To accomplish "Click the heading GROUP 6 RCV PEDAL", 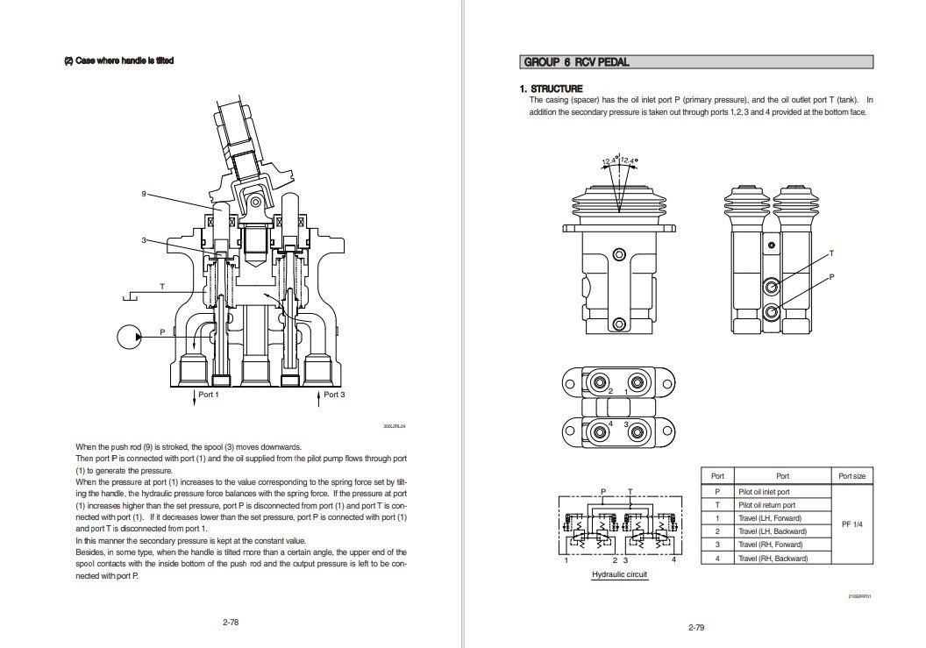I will click(x=576, y=62).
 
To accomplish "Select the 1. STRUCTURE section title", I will click(x=551, y=89).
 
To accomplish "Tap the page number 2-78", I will click(x=231, y=622).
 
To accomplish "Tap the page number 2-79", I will click(x=696, y=626).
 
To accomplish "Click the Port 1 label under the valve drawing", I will click(x=208, y=395).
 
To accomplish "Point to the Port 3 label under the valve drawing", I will click(x=334, y=395).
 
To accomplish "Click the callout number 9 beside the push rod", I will click(x=144, y=194).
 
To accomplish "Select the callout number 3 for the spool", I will click(x=144, y=239).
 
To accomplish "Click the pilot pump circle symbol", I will click(x=129, y=335).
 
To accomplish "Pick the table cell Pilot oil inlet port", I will click(x=764, y=492).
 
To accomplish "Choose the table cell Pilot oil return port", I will click(x=766, y=505).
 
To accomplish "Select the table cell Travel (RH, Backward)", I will click(x=772, y=558).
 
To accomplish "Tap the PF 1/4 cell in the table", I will click(x=851, y=524).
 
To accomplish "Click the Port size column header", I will click(x=851, y=476).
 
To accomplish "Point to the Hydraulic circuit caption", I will click(x=618, y=574).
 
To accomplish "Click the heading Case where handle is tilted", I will click(x=118, y=61).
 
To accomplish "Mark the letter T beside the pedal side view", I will click(x=830, y=253).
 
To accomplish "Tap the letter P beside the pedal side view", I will click(x=830, y=276).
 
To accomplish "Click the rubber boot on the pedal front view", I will click(x=617, y=204).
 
